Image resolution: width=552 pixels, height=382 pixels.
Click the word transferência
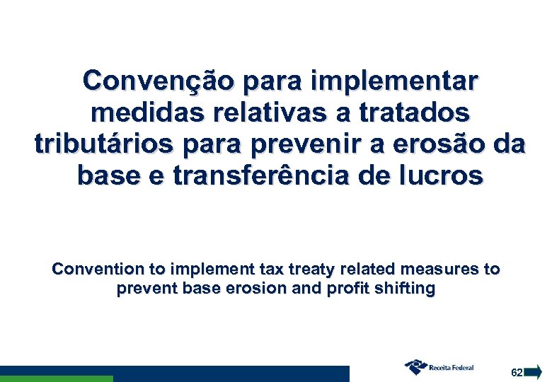275,176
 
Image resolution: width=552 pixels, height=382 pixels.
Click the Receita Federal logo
439,366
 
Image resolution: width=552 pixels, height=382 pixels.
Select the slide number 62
517,372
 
